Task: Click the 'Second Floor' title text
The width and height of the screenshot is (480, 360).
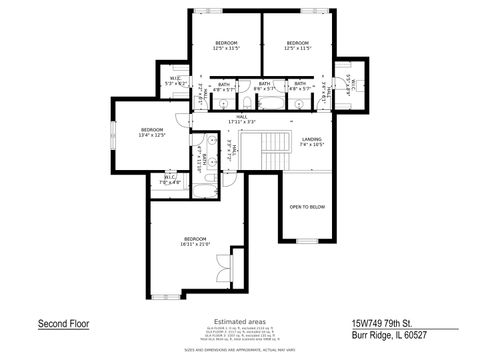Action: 62,324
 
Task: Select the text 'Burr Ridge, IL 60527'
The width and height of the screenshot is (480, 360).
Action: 387,337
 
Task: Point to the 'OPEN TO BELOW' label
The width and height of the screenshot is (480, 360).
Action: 307,207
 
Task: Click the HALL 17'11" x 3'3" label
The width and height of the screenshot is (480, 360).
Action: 241,119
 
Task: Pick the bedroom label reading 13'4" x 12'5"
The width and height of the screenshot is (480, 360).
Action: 151,132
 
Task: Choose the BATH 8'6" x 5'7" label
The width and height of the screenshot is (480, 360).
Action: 264,87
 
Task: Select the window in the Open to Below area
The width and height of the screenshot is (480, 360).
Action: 306,241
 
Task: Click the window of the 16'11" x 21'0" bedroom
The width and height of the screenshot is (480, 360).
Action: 169,298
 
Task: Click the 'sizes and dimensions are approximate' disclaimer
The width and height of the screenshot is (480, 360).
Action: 239,352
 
